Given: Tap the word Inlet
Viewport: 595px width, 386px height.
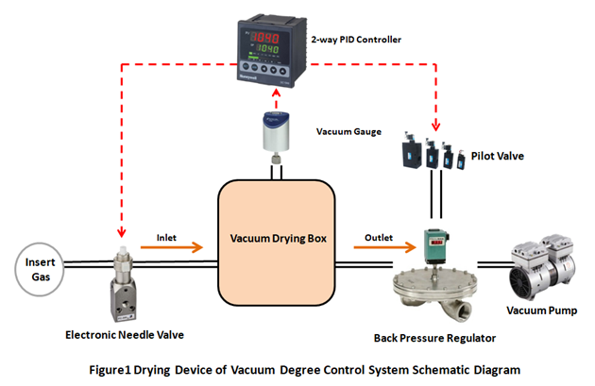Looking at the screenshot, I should coord(167,235).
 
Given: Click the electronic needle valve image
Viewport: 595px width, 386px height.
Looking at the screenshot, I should coord(124,283).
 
